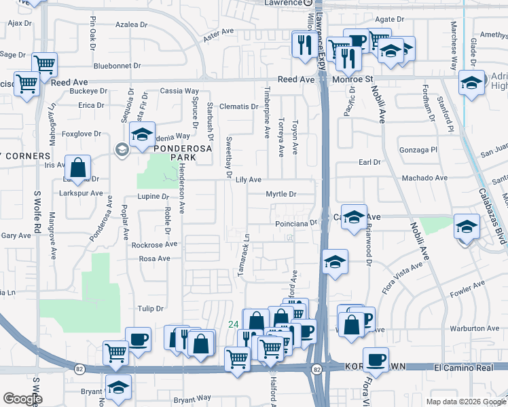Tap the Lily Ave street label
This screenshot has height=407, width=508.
click(248, 180)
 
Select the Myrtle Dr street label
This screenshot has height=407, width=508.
click(281, 194)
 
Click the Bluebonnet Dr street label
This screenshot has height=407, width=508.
click(117, 66)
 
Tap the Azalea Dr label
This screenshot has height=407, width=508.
click(132, 24)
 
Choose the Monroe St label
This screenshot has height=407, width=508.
click(353, 79)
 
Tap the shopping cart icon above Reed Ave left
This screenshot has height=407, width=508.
click(45, 64)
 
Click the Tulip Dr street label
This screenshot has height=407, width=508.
click(151, 309)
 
